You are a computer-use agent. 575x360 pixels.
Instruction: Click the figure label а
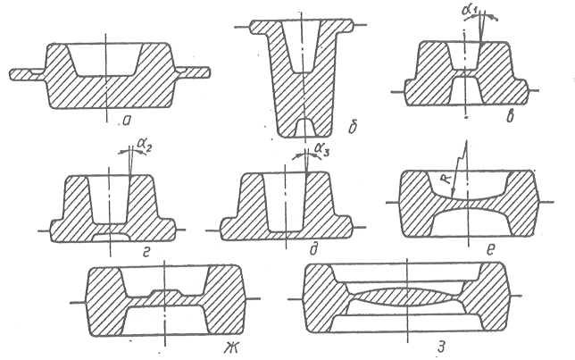[x=127, y=121]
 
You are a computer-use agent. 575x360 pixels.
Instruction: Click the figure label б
[x=353, y=127]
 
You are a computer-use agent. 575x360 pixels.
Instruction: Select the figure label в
[x=510, y=116]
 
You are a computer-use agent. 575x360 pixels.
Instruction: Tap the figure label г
[x=146, y=253]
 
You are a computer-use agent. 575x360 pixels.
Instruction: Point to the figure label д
[x=314, y=249]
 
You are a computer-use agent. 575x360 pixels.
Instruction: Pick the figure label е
[x=491, y=250]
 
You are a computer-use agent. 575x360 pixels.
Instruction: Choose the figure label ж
[x=231, y=347]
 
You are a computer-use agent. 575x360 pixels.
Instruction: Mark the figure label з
[x=441, y=347]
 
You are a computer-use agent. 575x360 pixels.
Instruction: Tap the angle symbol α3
[x=321, y=150]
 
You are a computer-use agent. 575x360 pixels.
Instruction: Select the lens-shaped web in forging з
[x=407, y=298]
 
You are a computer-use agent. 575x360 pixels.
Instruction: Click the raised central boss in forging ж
[x=165, y=292]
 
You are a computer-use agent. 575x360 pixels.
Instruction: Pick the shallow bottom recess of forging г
[x=111, y=237]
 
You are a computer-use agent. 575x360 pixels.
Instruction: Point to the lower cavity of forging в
[x=465, y=91]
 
